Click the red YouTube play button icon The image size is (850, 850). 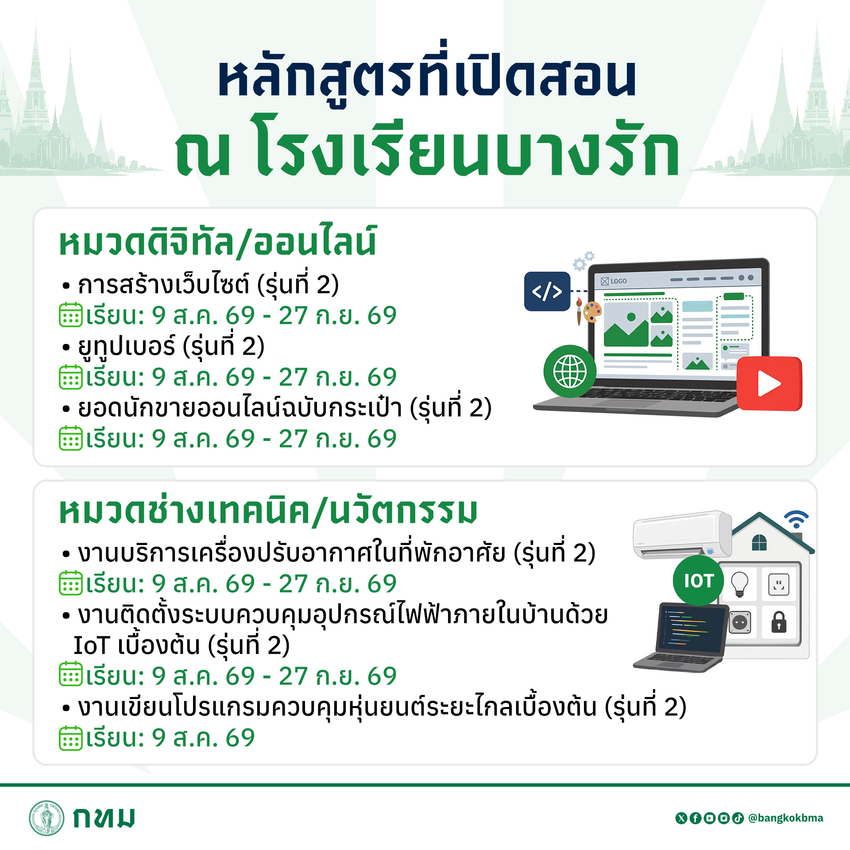tap(769, 383)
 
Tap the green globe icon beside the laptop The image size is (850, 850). tap(570, 371)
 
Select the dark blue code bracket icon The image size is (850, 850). tap(547, 291)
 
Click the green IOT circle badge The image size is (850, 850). tap(698, 580)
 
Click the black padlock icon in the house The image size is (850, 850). tap(779, 622)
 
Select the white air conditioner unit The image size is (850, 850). tap(682, 535)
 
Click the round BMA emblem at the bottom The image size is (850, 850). tap(46, 818)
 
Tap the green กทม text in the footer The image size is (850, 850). tap(104, 818)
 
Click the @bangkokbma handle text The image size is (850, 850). tap(785, 818)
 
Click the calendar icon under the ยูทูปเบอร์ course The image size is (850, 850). tap(71, 377)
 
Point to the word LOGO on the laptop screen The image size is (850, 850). tap(618, 281)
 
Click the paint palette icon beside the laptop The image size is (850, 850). tap(592, 312)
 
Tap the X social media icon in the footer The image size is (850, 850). tap(681, 818)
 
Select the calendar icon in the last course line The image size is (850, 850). tap(71, 738)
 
